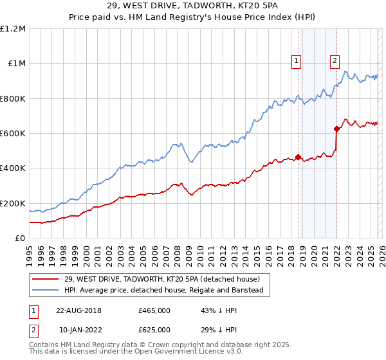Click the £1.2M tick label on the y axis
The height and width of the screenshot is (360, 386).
[14, 29]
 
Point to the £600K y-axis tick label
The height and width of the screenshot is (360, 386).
[13, 134]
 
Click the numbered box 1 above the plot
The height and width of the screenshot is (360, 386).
[297, 61]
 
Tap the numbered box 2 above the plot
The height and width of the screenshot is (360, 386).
[335, 61]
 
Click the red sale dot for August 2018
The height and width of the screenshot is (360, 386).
[298, 157]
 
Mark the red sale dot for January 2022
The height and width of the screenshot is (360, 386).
[336, 129]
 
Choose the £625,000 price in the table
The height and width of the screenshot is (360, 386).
[154, 329]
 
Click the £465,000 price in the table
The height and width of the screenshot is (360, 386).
[154, 310]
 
